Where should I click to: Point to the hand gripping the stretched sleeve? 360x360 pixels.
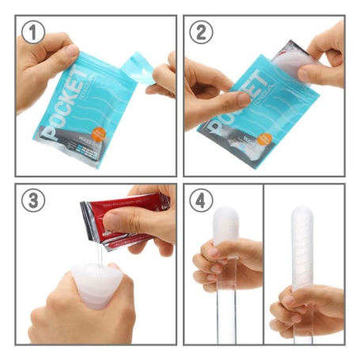[309, 309]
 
